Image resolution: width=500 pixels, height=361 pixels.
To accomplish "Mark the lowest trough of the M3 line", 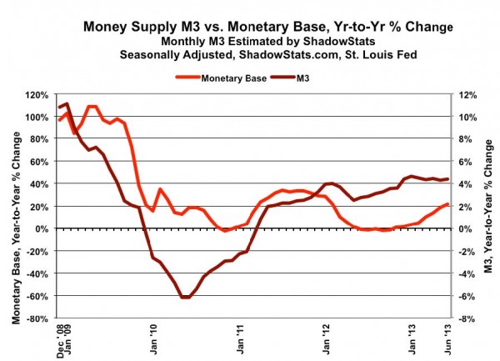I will [x=185, y=297].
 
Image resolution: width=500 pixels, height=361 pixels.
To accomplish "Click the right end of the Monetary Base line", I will [x=448, y=204].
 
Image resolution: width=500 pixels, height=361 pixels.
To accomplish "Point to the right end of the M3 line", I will [x=448, y=178].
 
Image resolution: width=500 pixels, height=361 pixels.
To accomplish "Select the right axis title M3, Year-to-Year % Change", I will [x=487, y=206].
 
